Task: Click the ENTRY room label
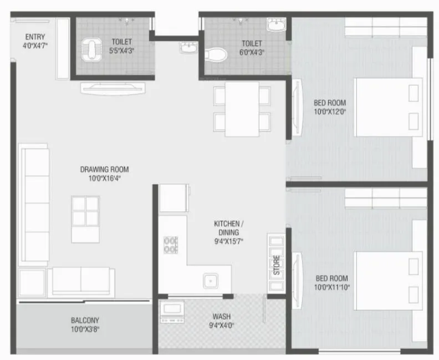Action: pyautogui.click(x=34, y=37)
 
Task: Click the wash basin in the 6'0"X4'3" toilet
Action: pyautogui.click(x=276, y=26)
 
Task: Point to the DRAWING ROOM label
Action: pyautogui.click(x=104, y=169)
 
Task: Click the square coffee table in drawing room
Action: pyautogui.click(x=85, y=210)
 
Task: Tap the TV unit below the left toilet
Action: pyautogui.click(x=113, y=88)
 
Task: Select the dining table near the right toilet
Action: pyautogui.click(x=242, y=109)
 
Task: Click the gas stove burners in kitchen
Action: pyautogui.click(x=170, y=245)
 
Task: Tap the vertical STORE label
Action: pyautogui.click(x=276, y=266)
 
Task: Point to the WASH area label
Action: pyautogui.click(x=221, y=317)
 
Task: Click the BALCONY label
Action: pyautogui.click(x=85, y=320)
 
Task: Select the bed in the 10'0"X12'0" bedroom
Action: pyautogui.click(x=389, y=107)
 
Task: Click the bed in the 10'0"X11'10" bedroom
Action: pyautogui.click(x=389, y=280)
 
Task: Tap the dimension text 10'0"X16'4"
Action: pyautogui.click(x=104, y=179)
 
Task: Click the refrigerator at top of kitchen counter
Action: pyautogui.click(x=173, y=198)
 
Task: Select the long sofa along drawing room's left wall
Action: pyautogui.click(x=34, y=203)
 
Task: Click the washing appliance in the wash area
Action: pyautogui.click(x=172, y=312)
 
